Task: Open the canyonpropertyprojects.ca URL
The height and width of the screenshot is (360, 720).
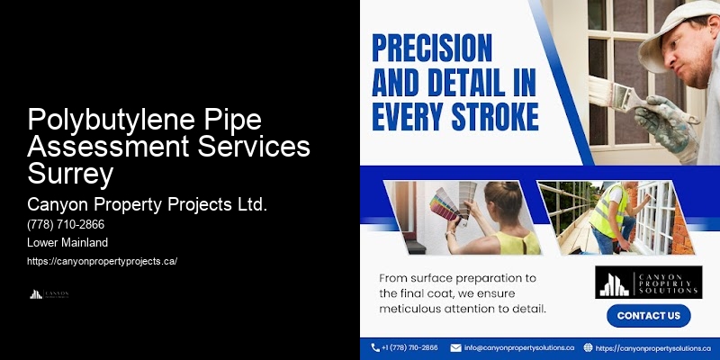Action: pyautogui.click(x=103, y=261)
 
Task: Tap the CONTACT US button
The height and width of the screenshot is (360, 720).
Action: pyautogui.click(x=648, y=316)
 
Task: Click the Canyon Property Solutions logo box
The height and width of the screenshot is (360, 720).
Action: pyautogui.click(x=648, y=282)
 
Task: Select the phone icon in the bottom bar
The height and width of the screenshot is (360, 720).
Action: pyautogui.click(x=375, y=347)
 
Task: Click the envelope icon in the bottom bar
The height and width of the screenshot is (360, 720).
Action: pyautogui.click(x=455, y=347)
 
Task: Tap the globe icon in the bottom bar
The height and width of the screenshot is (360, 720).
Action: pyautogui.click(x=588, y=347)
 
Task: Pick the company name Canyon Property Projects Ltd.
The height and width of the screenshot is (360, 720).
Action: pyautogui.click(x=148, y=203)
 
